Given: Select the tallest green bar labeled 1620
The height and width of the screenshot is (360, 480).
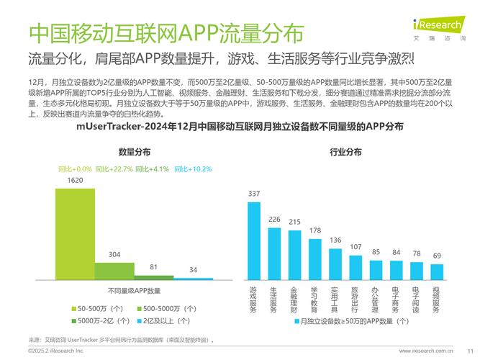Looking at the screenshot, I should click(75, 234).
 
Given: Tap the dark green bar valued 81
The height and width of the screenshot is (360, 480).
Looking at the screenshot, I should click(154, 277).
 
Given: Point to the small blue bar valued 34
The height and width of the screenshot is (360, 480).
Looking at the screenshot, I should click(193, 279).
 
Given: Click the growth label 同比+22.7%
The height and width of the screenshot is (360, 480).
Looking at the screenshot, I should click(114, 169).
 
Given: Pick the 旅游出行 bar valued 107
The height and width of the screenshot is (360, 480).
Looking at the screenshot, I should click(356, 268).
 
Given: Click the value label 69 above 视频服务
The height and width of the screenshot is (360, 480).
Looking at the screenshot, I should click(437, 256).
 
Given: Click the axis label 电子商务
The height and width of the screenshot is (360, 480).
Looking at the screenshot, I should click(396, 300).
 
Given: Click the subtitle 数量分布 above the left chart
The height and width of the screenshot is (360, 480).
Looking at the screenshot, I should click(134, 152).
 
